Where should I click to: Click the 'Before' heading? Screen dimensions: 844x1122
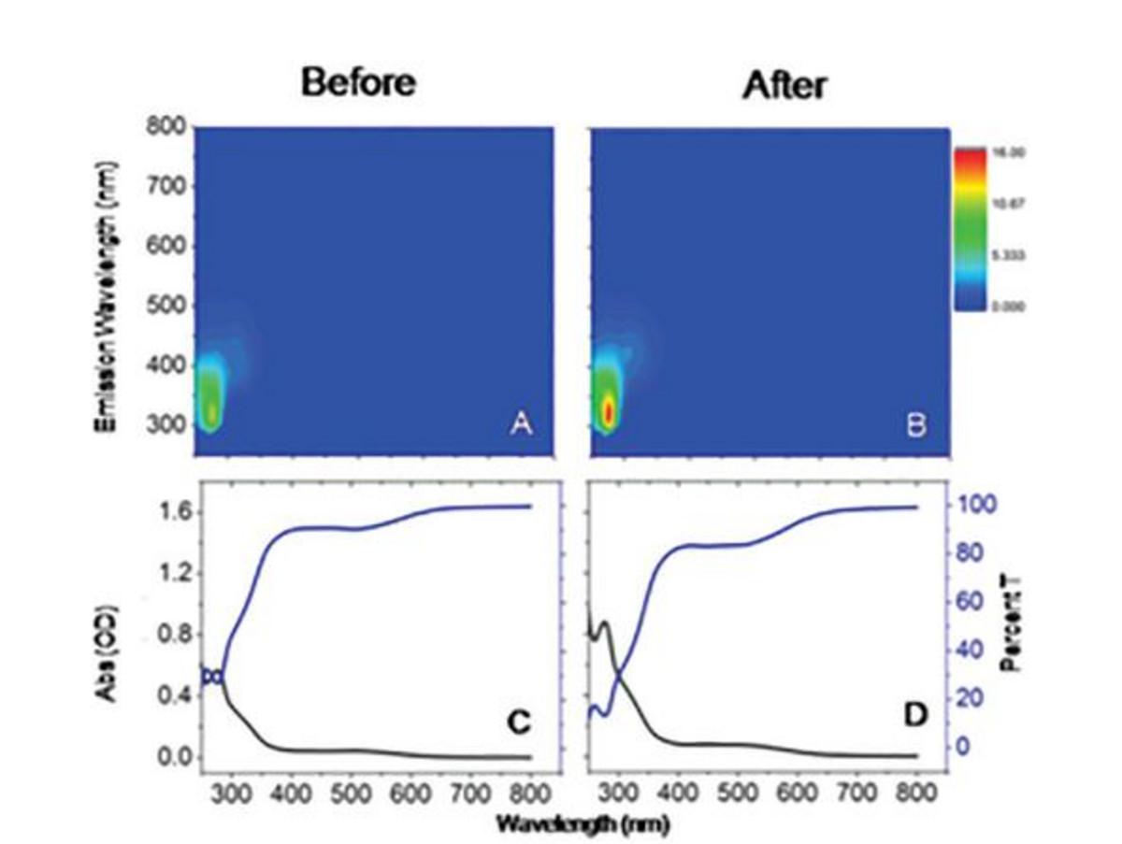(x=358, y=83)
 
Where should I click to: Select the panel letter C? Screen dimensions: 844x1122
(x=519, y=720)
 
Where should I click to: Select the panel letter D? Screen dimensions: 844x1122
(x=914, y=717)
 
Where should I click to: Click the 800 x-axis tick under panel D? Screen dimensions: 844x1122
(x=915, y=791)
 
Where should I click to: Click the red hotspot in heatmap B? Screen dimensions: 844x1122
(x=609, y=410)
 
